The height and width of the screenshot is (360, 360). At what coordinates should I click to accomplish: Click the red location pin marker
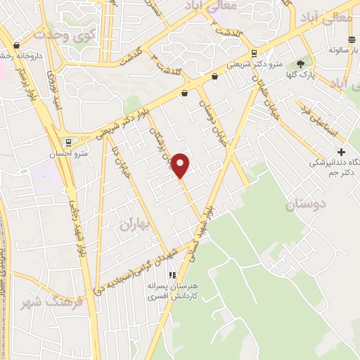pos(181,165)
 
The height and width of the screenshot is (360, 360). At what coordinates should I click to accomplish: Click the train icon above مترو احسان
pos(68,141)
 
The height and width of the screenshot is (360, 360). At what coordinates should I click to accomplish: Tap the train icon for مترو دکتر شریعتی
pos(252,53)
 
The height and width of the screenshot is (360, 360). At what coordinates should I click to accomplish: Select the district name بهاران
pos(136,225)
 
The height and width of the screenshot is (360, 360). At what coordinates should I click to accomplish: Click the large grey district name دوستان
pos(308,205)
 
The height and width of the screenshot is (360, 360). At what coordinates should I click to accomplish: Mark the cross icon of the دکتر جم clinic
pos(341,152)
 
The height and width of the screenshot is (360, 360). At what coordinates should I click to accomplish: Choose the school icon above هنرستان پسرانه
pos(171,275)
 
